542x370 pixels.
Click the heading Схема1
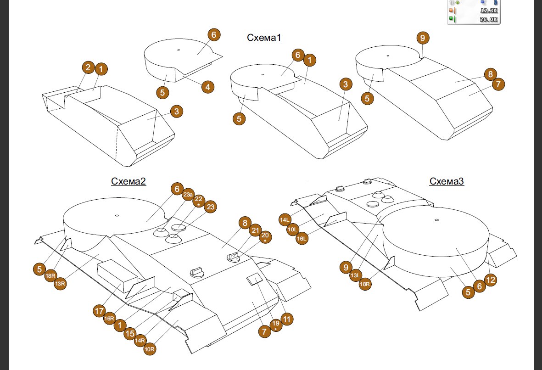(x=264, y=38)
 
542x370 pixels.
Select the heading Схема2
(x=128, y=181)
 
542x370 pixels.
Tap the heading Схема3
(x=447, y=181)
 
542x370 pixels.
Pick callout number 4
(x=207, y=86)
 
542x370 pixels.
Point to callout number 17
(x=99, y=311)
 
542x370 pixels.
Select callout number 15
(x=130, y=333)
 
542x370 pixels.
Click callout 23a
(x=188, y=195)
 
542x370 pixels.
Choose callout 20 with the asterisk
(x=265, y=237)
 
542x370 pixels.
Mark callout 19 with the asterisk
(x=275, y=326)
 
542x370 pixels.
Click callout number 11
(x=288, y=319)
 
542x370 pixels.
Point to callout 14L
(x=285, y=220)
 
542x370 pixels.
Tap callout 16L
(x=302, y=238)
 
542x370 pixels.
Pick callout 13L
(x=355, y=275)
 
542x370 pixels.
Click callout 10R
(x=150, y=349)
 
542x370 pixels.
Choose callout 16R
(x=109, y=318)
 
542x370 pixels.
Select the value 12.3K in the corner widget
(x=488, y=10)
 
